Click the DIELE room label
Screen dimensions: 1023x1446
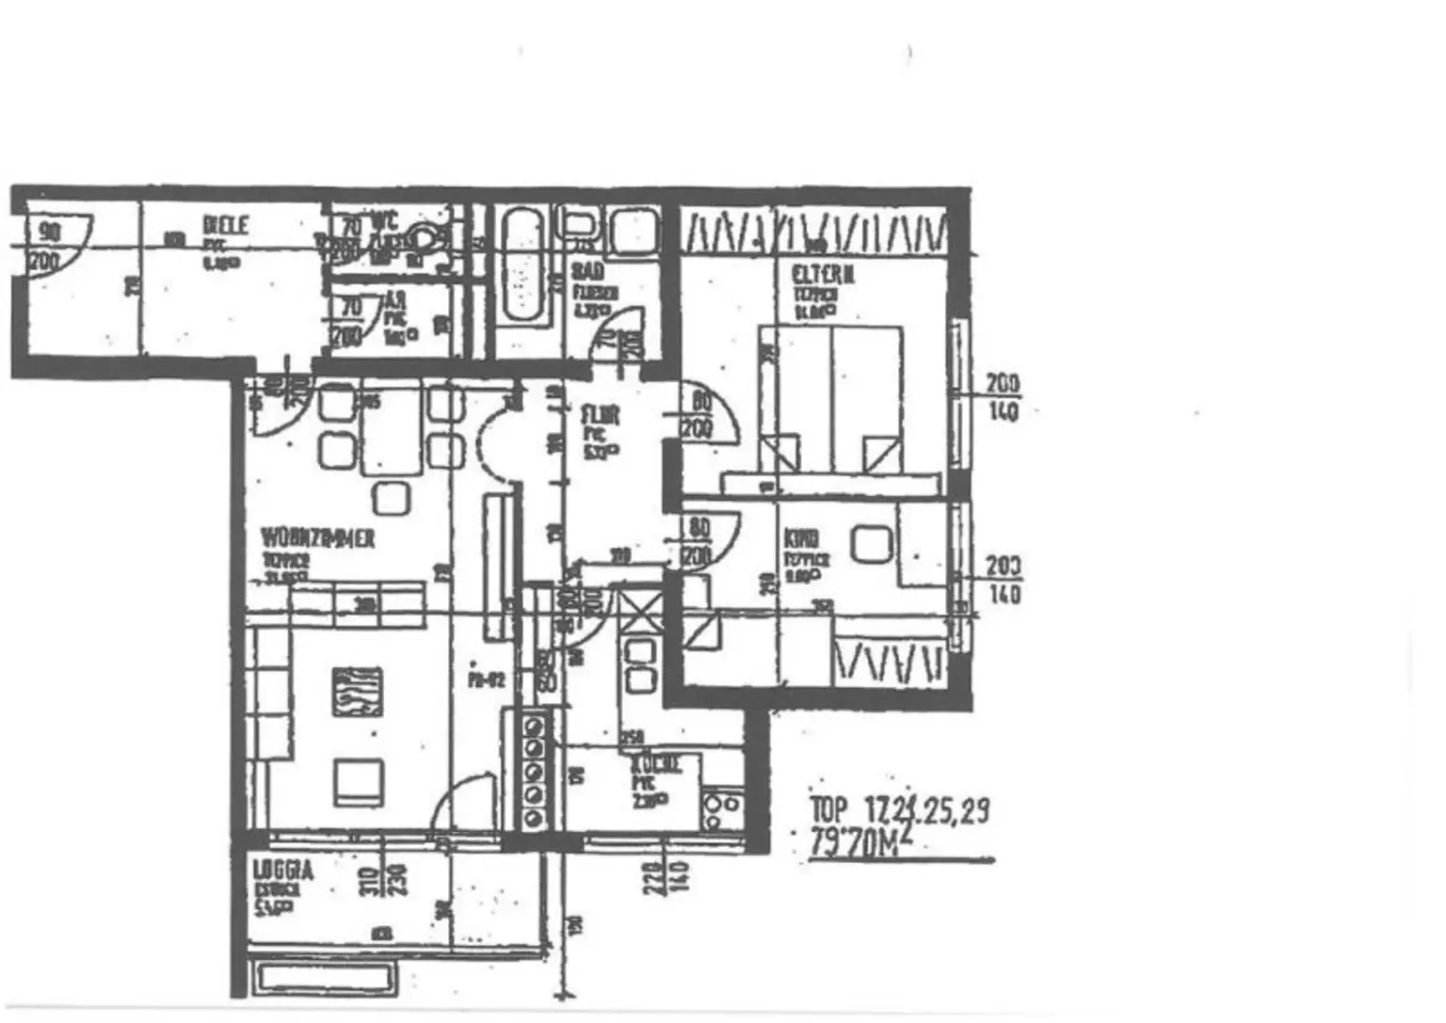(x=226, y=225)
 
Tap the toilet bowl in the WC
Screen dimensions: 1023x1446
(x=428, y=240)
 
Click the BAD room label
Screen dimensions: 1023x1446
(x=588, y=272)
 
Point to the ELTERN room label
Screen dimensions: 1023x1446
(x=823, y=275)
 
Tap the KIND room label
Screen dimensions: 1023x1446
(x=801, y=538)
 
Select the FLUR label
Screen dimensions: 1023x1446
(x=601, y=415)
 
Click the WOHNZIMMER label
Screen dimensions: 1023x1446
(x=318, y=538)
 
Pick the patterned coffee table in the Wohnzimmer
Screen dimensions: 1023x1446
(x=357, y=692)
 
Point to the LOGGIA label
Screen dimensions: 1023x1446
(x=283, y=871)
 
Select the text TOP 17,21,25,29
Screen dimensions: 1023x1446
(x=899, y=810)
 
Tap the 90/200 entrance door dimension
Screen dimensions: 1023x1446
(x=46, y=246)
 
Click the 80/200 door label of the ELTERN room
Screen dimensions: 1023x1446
(x=699, y=414)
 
